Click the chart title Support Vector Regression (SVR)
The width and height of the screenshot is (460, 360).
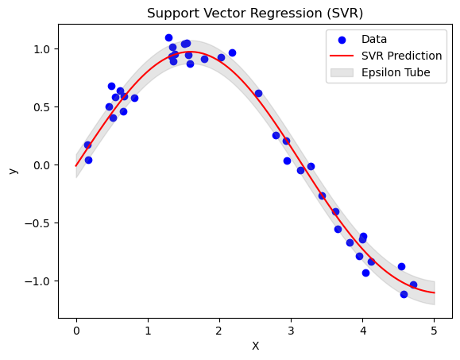[x=255, y=14]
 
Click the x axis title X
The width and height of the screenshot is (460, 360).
[x=255, y=346]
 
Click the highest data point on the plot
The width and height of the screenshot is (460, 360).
[x=168, y=37]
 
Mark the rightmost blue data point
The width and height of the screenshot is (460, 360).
[x=413, y=285]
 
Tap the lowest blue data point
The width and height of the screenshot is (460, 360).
[x=404, y=294]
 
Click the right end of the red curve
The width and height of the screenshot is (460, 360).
[x=434, y=292]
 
